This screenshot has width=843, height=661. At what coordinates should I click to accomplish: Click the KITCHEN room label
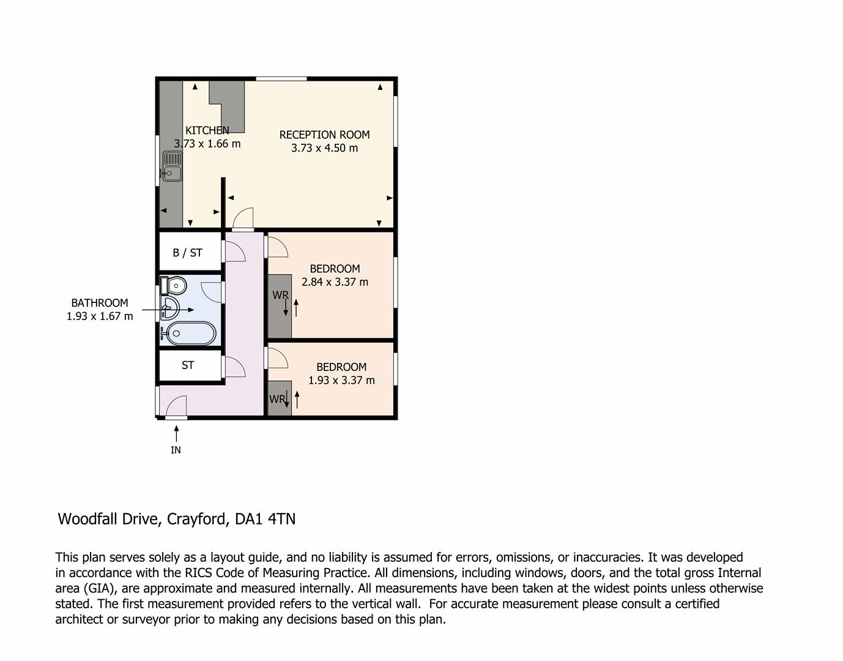pyautogui.click(x=207, y=130)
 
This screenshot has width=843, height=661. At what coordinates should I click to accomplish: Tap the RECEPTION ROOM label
pyautogui.click(x=324, y=135)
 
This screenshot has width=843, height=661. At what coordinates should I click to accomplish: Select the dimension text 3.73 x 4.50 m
pyautogui.click(x=324, y=148)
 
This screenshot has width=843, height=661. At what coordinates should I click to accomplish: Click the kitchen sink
pyautogui.click(x=172, y=166)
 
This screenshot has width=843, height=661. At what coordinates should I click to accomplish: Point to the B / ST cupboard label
pyautogui.click(x=187, y=253)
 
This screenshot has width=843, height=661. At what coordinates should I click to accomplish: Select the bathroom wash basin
pyautogui.click(x=169, y=308)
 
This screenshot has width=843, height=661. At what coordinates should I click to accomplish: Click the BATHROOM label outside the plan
pyautogui.click(x=99, y=303)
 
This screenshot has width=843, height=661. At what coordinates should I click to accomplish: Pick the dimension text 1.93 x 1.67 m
pyautogui.click(x=99, y=316)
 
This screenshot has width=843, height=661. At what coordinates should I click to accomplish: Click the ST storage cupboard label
pyautogui.click(x=188, y=365)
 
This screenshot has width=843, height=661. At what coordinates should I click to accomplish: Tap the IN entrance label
pyautogui.click(x=176, y=450)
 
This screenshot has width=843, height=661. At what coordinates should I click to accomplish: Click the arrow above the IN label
pyautogui.click(x=176, y=433)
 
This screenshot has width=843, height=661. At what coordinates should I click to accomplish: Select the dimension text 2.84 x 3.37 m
pyautogui.click(x=335, y=282)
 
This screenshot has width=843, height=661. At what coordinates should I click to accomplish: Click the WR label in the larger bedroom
pyautogui.click(x=280, y=295)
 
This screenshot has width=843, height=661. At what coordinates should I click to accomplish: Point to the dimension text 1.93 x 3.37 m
pyautogui.click(x=341, y=380)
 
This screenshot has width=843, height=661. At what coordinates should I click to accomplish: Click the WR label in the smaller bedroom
pyautogui.click(x=277, y=399)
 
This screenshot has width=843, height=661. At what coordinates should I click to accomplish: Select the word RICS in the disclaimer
pyautogui.click(x=200, y=573)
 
